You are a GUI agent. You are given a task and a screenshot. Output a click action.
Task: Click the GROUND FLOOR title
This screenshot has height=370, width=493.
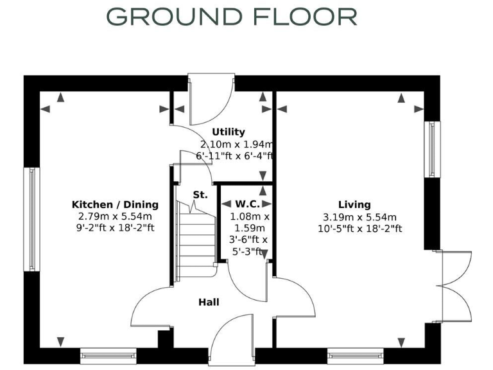click(232, 17)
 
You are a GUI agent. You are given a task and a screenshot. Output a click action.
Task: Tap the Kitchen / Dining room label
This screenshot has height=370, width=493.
click(115, 204)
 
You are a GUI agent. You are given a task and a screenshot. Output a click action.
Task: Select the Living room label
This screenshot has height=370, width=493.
click(355, 204)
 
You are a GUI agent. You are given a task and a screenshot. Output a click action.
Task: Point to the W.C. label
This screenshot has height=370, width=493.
click(246, 204)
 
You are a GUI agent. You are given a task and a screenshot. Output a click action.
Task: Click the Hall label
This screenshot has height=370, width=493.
click(209, 301)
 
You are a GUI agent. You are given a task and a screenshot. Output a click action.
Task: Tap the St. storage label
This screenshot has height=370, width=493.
click(200, 194)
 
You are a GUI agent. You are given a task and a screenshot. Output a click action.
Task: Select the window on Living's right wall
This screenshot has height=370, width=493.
click(435, 148)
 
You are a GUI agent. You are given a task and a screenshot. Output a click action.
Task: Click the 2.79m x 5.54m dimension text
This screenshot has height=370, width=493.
click(115, 216)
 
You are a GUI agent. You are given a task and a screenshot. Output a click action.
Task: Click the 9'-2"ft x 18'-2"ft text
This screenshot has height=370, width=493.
click(115, 228)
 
